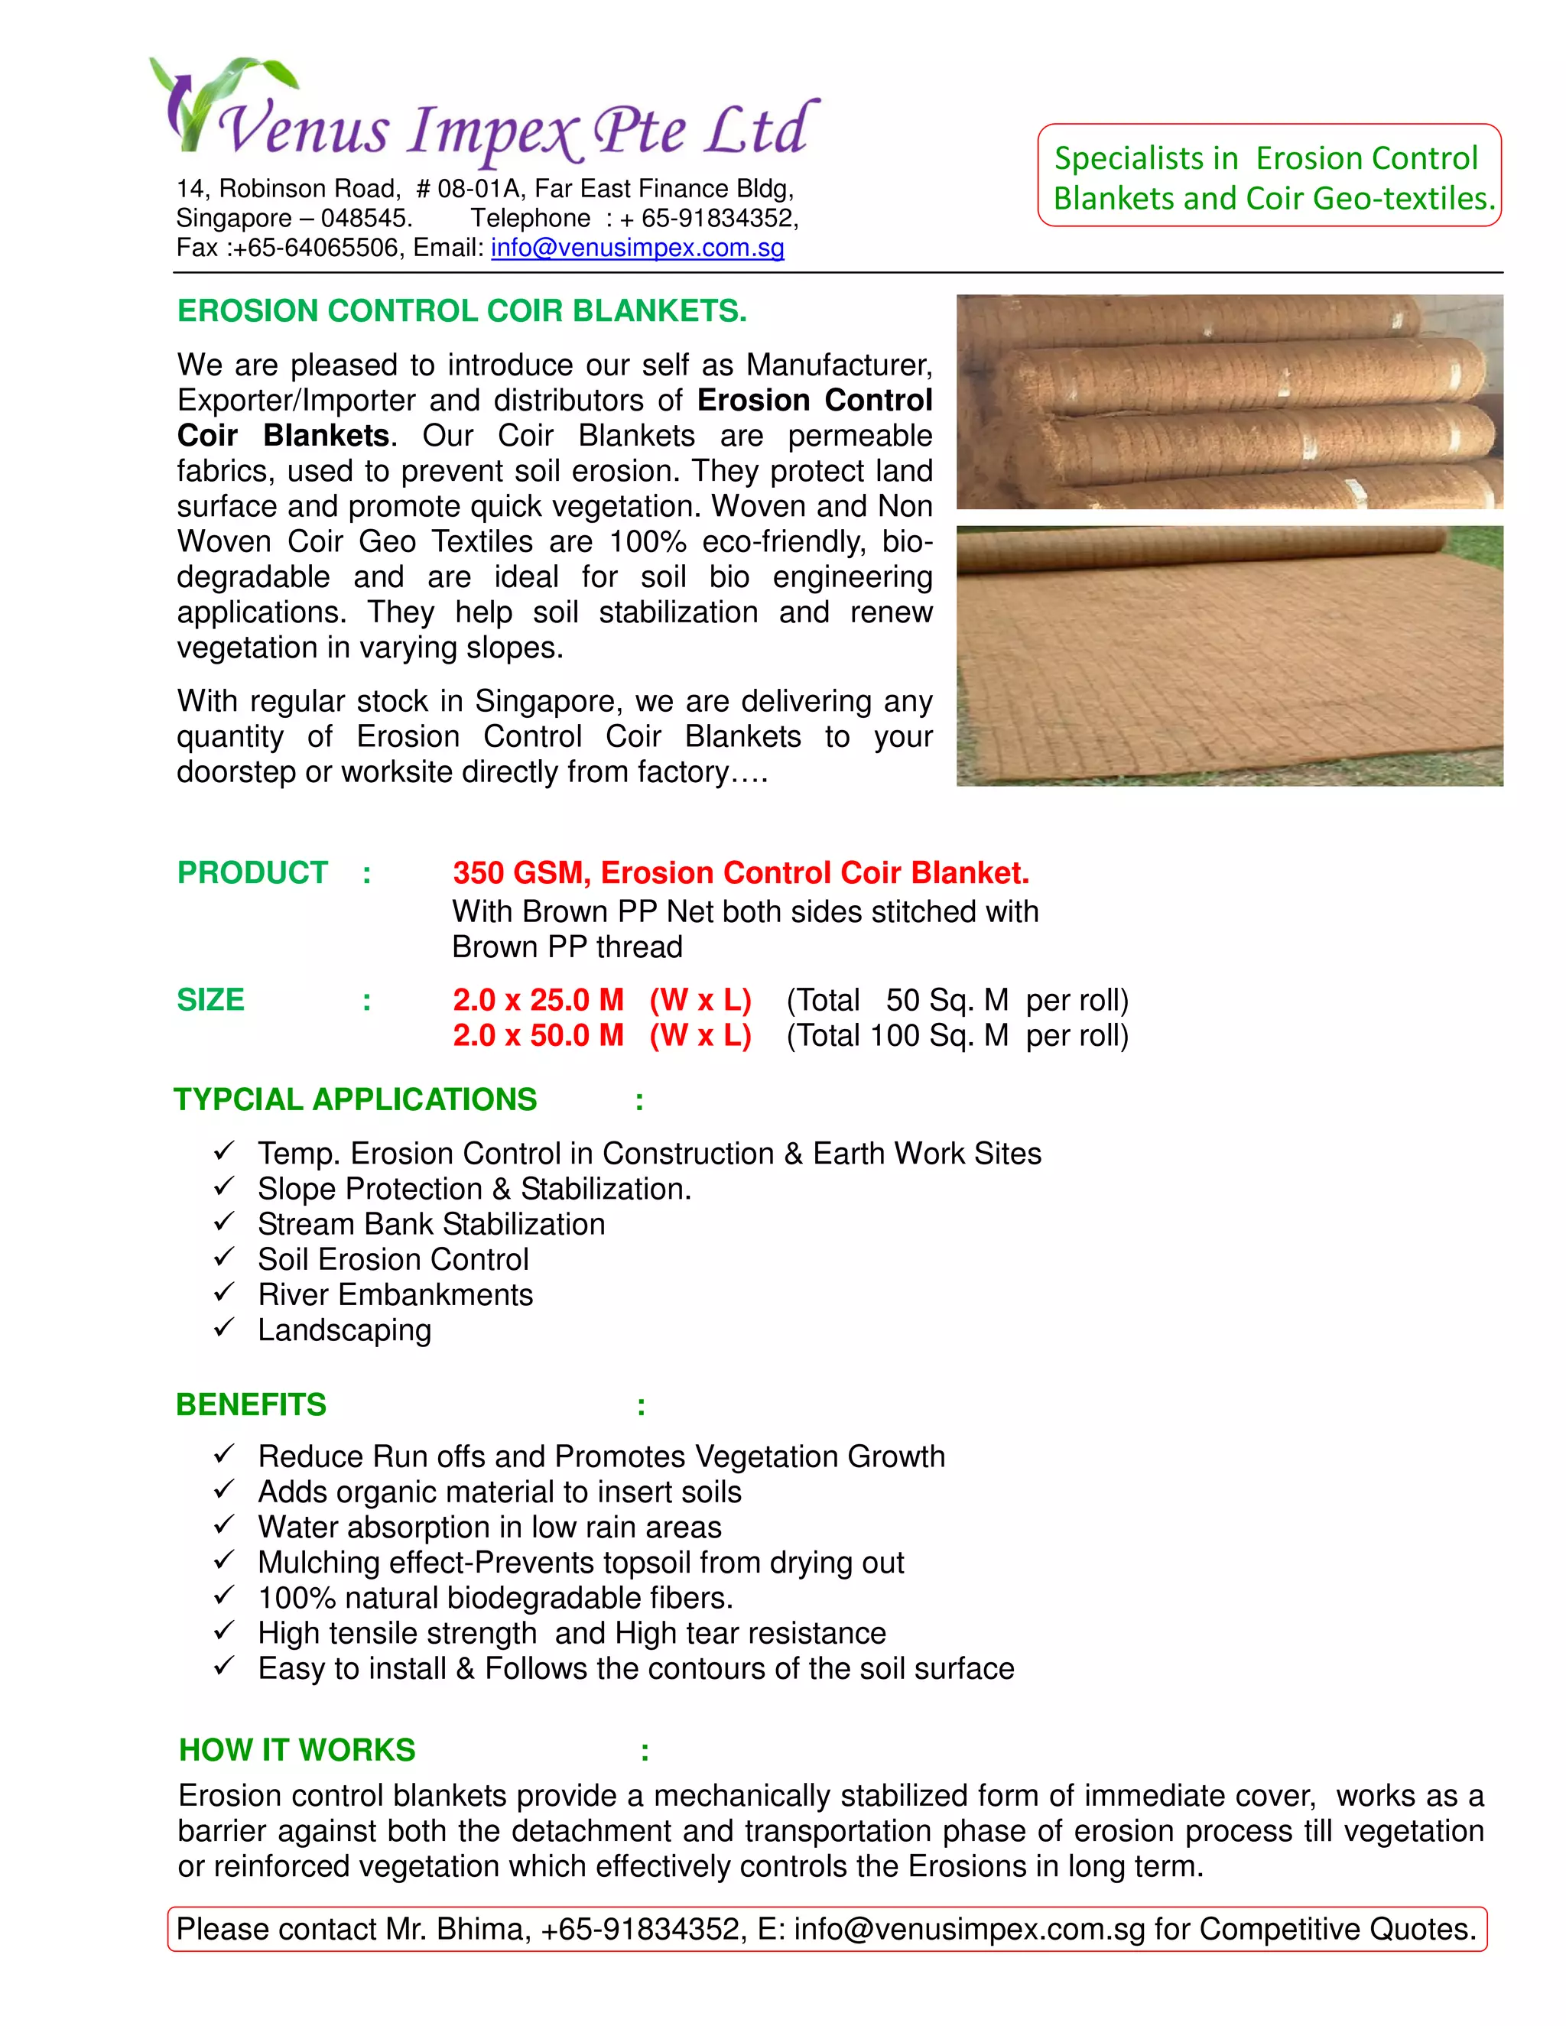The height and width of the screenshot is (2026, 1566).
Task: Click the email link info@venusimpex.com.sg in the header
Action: [x=638, y=248]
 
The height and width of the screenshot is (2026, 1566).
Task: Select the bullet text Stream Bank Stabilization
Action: [x=430, y=1225]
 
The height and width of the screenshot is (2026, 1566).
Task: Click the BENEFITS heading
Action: [x=251, y=1404]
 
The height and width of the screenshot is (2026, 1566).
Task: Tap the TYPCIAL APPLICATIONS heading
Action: [x=356, y=1099]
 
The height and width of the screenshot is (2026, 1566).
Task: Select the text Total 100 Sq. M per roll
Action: [x=957, y=1035]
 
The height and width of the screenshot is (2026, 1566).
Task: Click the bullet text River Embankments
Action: [x=395, y=1295]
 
